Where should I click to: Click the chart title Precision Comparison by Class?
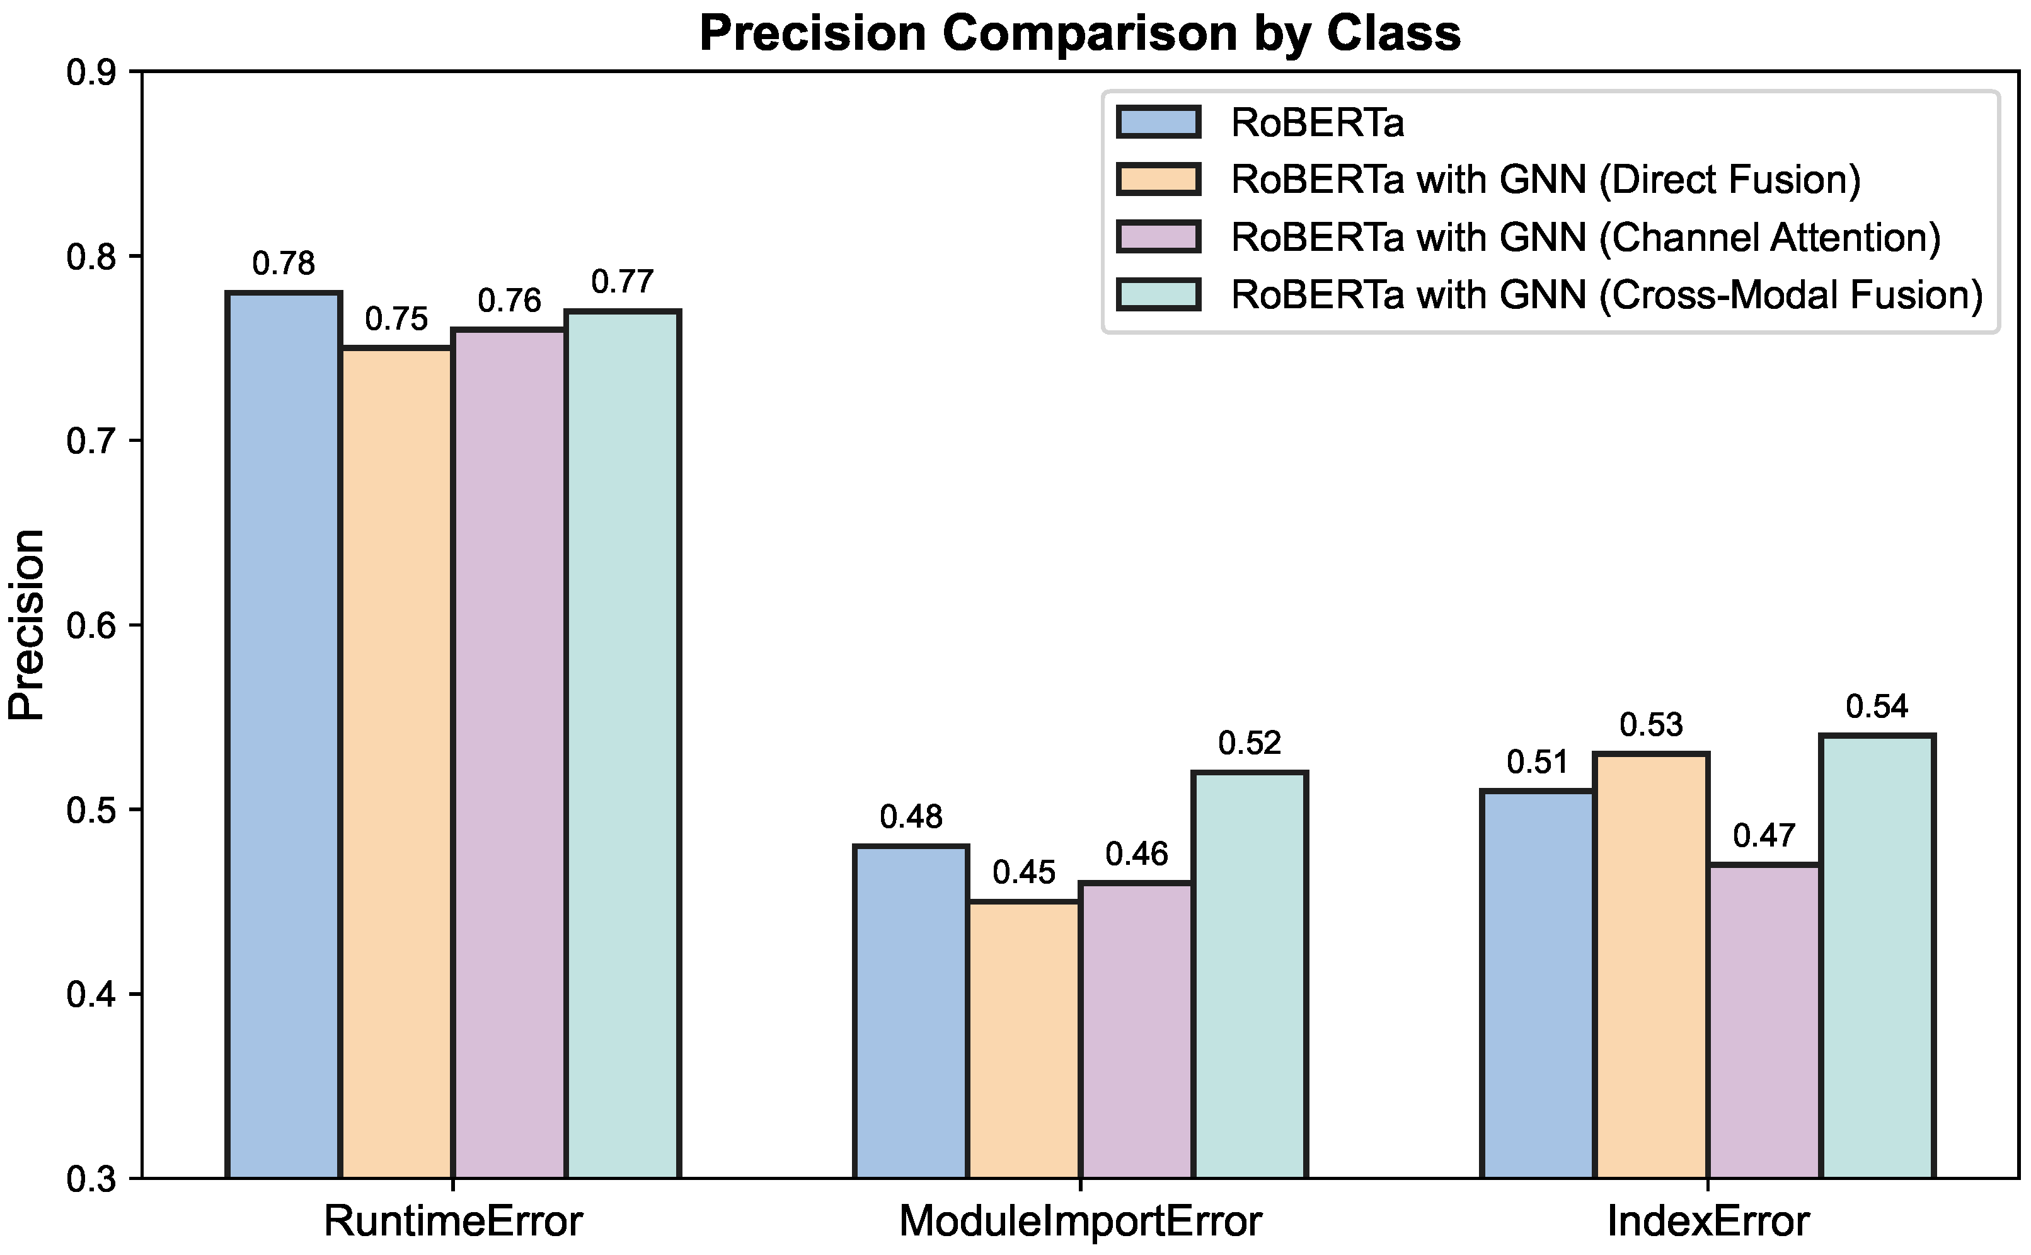(1079, 33)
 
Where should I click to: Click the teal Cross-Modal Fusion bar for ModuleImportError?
(1250, 975)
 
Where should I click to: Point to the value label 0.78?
(284, 264)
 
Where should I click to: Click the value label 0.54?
(1877, 707)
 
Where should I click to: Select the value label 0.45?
(1024, 872)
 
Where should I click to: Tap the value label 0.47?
(1764, 836)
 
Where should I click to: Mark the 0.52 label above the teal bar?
(1250, 744)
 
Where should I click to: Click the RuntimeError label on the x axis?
(453, 1221)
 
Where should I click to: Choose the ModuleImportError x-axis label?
(1080, 1221)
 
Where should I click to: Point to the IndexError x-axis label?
(1708, 1221)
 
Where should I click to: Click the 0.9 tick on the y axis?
(92, 73)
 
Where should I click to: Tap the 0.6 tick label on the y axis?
(92, 626)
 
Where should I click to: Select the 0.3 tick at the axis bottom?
(92, 1179)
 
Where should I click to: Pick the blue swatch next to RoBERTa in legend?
(1158, 122)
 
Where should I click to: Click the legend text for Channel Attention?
(1585, 238)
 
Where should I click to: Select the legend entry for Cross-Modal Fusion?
(1606, 294)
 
